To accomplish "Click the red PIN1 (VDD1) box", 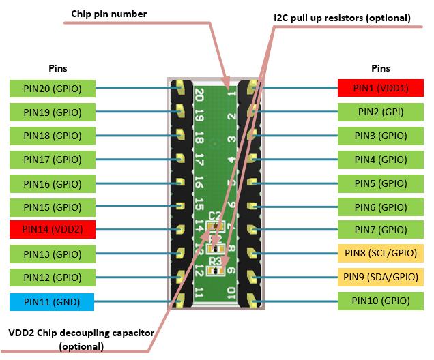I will pyautogui.click(x=381, y=88).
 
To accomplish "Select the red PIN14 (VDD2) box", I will pyautogui.click(x=53, y=229).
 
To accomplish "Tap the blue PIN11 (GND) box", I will pyautogui.click(x=53, y=300).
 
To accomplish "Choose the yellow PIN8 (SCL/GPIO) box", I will pyautogui.click(x=381, y=253).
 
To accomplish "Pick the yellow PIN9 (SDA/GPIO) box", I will pyautogui.click(x=381, y=277).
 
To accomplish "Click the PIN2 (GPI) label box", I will pyautogui.click(x=381, y=112).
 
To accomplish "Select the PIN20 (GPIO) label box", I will pyautogui.click(x=53, y=88).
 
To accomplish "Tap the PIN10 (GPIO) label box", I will pyautogui.click(x=381, y=300).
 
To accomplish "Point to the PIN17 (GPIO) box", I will pyautogui.click(x=53, y=159).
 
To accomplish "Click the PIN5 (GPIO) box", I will pyautogui.click(x=381, y=183).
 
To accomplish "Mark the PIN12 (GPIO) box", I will pyautogui.click(x=53, y=277).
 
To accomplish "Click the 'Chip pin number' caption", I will pyautogui.click(x=109, y=14).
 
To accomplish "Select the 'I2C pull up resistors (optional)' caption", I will pyautogui.click(x=337, y=18).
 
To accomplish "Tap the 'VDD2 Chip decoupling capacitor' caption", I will pyautogui.click(x=81, y=333).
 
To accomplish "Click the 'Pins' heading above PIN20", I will pyautogui.click(x=58, y=68).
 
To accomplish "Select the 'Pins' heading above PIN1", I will pyautogui.click(x=380, y=68).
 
